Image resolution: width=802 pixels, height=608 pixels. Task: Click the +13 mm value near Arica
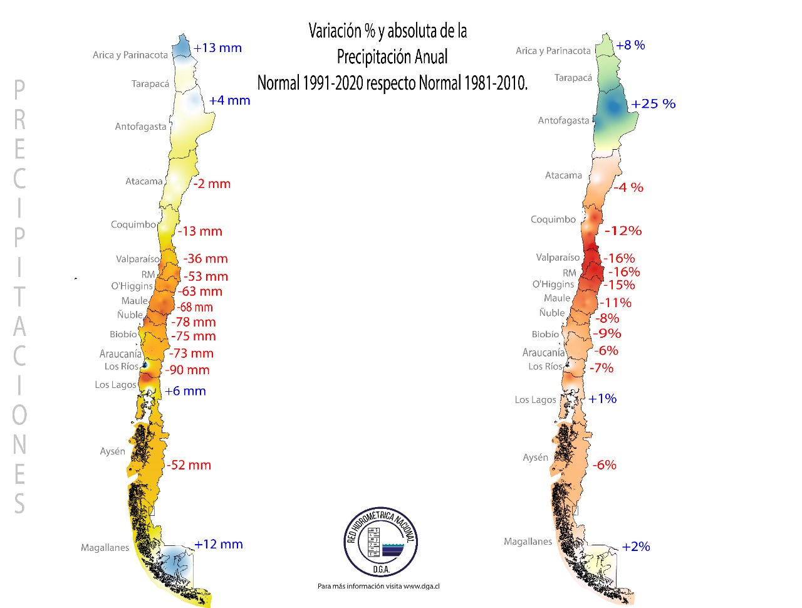[217, 48]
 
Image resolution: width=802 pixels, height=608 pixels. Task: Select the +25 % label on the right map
[654, 104]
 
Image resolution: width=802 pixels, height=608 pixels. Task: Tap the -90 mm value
[187, 370]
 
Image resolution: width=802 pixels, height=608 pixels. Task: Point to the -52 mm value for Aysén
[189, 465]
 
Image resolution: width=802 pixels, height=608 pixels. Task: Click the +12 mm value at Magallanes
[219, 545]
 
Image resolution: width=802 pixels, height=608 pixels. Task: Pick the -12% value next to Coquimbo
[623, 231]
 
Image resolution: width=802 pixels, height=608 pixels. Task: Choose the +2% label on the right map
[636, 547]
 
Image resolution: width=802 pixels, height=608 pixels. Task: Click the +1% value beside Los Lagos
[603, 399]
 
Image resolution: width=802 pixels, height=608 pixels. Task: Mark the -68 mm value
[195, 307]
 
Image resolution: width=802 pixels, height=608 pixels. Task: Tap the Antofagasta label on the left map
[140, 127]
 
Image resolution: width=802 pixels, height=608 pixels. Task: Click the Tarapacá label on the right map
[573, 78]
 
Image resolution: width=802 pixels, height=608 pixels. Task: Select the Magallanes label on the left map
[105, 548]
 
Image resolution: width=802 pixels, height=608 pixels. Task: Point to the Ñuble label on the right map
[552, 313]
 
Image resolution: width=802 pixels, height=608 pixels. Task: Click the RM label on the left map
[148, 275]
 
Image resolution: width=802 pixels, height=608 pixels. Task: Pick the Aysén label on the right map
[535, 458]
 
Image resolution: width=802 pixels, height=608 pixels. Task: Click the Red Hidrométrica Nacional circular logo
[381, 542]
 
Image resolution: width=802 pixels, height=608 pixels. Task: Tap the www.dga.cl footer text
[422, 587]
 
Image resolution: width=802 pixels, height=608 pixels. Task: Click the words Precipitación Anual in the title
[392, 57]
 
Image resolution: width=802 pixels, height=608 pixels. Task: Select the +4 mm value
[229, 100]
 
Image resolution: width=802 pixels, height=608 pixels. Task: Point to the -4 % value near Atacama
[628, 187]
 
